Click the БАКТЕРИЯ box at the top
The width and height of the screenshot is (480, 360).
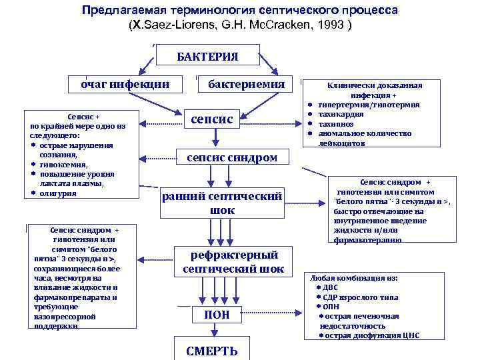[207, 55]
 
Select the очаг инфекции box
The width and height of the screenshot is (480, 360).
[125, 85]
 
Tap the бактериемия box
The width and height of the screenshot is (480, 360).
[246, 85]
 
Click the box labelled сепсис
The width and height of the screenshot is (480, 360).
[212, 119]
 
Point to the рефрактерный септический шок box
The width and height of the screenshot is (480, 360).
[234, 262]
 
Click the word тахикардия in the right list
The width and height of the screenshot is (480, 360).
[341, 114]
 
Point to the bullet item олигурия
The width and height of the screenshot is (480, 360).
[57, 193]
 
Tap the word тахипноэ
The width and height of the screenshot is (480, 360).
[337, 123]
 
